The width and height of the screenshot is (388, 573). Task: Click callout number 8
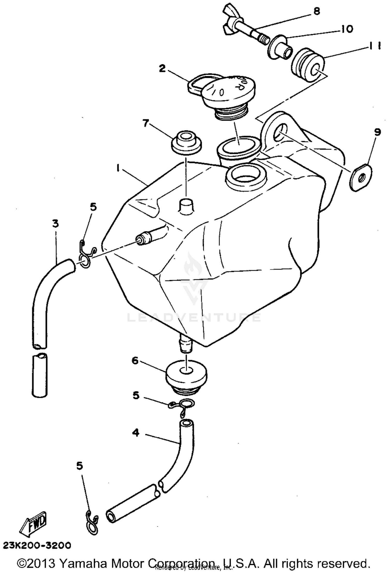click(x=317, y=12)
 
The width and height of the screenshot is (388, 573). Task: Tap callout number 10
click(x=347, y=29)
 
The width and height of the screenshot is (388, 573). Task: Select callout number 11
click(x=374, y=46)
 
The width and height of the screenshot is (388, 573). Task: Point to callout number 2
click(x=162, y=69)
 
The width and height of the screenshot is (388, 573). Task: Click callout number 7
click(x=146, y=123)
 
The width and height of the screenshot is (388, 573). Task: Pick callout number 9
click(x=377, y=132)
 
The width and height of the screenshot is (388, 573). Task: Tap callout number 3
click(x=55, y=224)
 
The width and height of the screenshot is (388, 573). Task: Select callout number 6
click(x=135, y=361)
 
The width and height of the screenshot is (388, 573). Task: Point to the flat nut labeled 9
click(x=361, y=177)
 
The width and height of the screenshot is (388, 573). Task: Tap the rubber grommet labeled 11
click(x=308, y=65)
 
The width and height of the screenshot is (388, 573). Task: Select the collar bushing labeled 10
click(x=279, y=47)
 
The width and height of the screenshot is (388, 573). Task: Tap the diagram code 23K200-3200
click(x=37, y=546)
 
